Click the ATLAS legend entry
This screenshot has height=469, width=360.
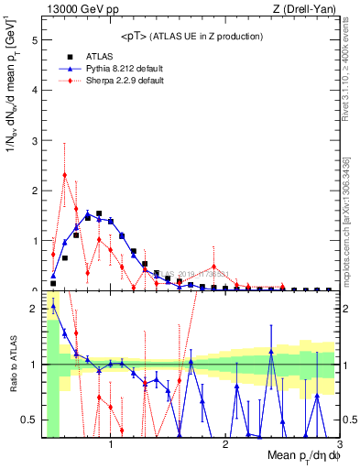click(x=99, y=57)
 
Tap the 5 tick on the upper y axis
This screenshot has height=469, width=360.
click(x=36, y=41)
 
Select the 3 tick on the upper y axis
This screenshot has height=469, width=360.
click(x=36, y=141)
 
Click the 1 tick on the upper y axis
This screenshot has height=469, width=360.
click(x=36, y=241)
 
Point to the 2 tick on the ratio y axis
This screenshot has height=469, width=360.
click(x=36, y=309)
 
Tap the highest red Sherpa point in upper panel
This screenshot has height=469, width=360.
click(x=64, y=175)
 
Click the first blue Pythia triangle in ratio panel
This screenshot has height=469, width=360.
click(x=53, y=307)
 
